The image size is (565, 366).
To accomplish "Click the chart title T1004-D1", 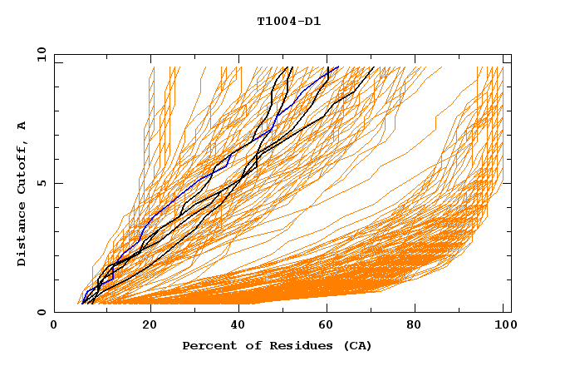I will click(288, 22).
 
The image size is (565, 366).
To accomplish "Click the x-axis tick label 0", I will click(54, 326).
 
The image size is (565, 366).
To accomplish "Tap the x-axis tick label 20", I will click(150, 326).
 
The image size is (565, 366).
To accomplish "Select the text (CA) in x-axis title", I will click(358, 345).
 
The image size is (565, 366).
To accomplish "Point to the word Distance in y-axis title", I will click(22, 238).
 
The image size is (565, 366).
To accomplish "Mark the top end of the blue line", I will click(338, 67).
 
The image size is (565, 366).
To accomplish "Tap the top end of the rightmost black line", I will click(374, 67).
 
